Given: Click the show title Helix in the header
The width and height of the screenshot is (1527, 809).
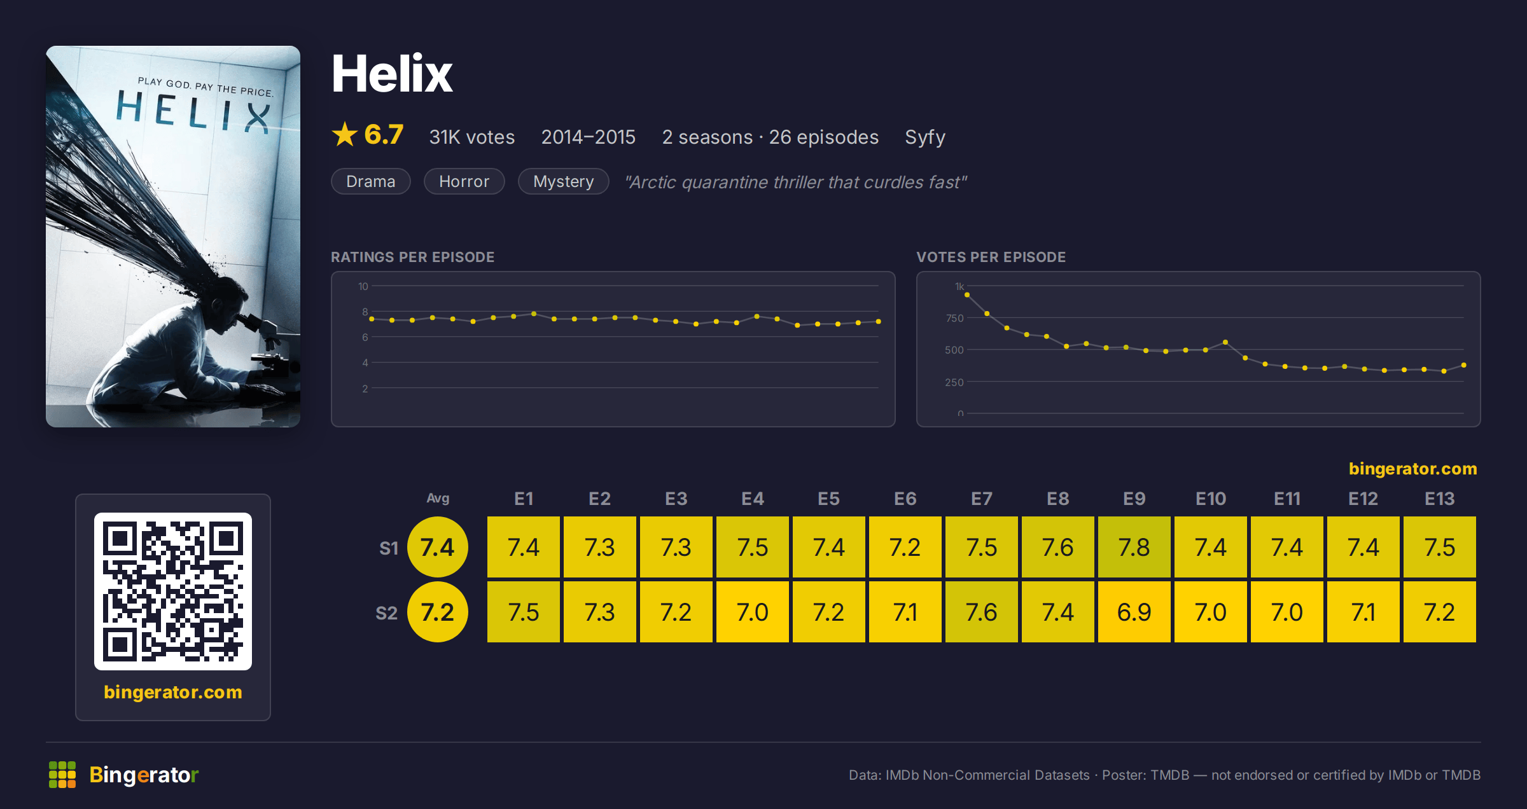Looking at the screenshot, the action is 392,74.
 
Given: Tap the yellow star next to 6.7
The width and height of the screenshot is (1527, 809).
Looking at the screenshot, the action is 345,134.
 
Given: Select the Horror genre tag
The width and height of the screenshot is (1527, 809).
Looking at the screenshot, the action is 464,181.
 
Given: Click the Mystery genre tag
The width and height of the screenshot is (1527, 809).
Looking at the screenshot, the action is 563,181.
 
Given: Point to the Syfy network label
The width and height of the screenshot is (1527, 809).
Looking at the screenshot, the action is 925,137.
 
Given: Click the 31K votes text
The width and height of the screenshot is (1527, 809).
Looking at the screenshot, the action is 471,137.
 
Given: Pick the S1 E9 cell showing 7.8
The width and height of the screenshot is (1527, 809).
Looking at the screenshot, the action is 1134,547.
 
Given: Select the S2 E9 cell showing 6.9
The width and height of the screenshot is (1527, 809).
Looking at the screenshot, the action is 1134,612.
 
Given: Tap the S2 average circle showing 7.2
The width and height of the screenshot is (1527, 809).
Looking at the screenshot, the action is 438,612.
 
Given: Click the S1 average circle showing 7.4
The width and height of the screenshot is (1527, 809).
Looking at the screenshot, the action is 438,547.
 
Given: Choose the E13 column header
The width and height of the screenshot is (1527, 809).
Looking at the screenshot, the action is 1439,499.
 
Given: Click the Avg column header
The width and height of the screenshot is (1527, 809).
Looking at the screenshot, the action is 438,498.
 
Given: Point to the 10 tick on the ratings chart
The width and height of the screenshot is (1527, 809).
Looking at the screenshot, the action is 363,286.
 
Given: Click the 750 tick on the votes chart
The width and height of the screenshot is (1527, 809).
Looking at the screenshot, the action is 954,318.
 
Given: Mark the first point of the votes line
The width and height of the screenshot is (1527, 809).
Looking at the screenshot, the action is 967,294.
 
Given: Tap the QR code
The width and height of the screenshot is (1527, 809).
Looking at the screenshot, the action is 173,591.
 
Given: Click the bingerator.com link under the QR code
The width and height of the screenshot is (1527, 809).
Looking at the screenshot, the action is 173,692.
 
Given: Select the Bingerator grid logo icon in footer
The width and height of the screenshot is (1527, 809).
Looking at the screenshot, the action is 62,775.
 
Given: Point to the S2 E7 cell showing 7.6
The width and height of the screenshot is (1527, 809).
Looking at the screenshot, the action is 981,612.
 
